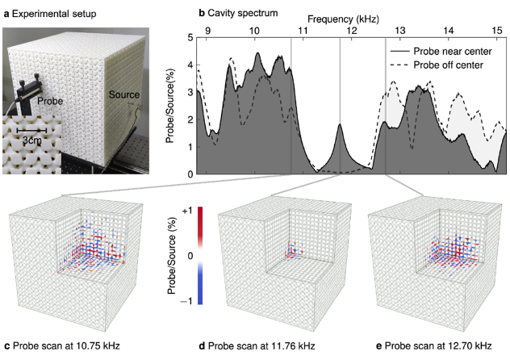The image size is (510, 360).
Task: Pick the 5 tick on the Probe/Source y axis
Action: [189, 38]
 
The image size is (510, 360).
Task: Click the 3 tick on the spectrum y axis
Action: [189, 92]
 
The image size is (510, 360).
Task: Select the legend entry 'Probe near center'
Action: [451, 51]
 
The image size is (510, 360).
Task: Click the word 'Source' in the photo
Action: [124, 96]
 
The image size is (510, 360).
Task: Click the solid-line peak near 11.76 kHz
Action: [341, 125]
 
